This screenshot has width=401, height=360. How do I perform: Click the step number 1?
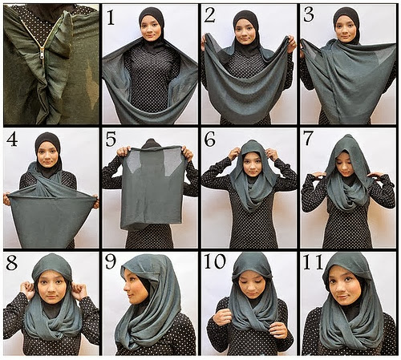pyautogui.click(x=111, y=17)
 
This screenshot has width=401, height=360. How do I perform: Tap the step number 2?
pyautogui.click(x=209, y=15)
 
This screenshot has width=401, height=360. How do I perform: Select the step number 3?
pyautogui.click(x=309, y=15)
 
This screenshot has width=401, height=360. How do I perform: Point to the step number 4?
pyautogui.click(x=12, y=139)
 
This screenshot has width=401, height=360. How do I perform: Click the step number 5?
pyautogui.click(x=111, y=139)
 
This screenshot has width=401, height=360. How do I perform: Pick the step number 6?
pyautogui.click(x=209, y=139)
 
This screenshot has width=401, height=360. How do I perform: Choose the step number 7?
pyautogui.click(x=308, y=139)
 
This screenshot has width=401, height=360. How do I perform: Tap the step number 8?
pyautogui.click(x=12, y=263)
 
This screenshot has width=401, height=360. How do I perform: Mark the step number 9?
pyautogui.click(x=111, y=262)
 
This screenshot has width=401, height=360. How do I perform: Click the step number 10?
pyautogui.click(x=215, y=261)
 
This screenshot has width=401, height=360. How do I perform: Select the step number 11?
pyautogui.click(x=313, y=261)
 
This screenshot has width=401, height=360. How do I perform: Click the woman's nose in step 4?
pyautogui.click(x=47, y=158)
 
